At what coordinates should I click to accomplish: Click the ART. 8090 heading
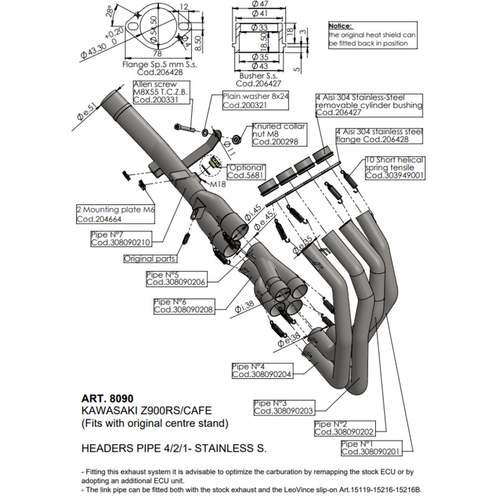[x=107, y=398]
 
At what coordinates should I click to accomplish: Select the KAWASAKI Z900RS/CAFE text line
[x=147, y=411]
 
